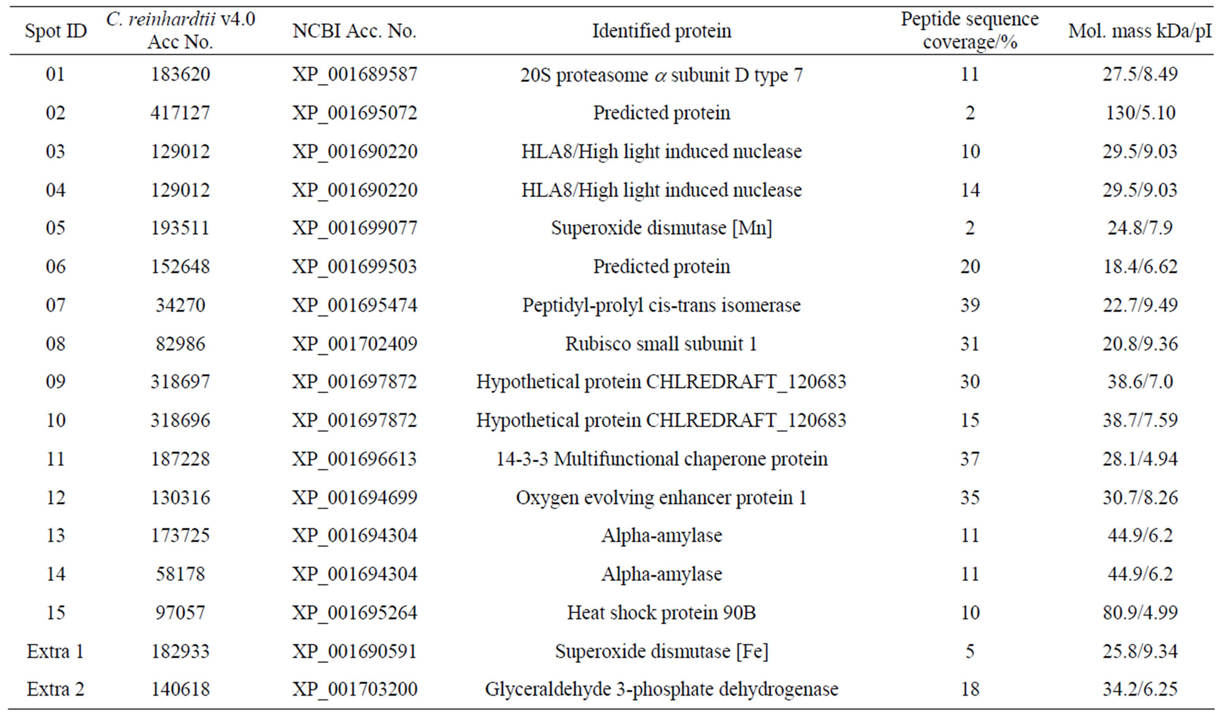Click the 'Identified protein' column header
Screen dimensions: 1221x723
(662, 31)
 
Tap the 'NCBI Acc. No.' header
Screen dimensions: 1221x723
(354, 31)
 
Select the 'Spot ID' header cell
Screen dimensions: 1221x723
(56, 31)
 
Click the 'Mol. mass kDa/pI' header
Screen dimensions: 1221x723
(1140, 31)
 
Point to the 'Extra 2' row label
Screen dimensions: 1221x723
(56, 689)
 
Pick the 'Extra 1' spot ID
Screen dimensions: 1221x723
(56, 651)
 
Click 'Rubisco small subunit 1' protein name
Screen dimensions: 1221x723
(662, 344)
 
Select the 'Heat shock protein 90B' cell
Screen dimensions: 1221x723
(662, 612)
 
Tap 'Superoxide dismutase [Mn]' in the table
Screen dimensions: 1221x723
(662, 228)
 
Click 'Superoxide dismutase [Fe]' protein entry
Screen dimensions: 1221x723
(662, 651)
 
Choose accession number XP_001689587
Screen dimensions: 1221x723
(355, 74)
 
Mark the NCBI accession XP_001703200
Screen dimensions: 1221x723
(355, 689)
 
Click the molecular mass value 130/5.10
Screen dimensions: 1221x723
(1140, 113)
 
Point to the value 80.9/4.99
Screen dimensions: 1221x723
(1140, 612)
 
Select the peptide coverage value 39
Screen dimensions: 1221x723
(970, 304)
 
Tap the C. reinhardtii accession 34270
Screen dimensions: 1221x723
(181, 304)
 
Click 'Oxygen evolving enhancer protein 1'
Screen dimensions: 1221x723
(662, 497)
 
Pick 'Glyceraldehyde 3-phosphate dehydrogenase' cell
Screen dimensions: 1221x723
(662, 689)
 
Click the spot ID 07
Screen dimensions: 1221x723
(56, 304)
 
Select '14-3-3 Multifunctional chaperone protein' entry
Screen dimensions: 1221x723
(662, 459)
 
